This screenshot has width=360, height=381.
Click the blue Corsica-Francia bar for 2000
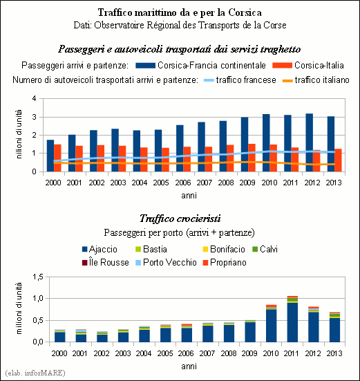point(50,156)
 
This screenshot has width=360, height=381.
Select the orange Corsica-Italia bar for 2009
point(252,158)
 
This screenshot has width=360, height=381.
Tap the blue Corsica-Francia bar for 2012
point(310,142)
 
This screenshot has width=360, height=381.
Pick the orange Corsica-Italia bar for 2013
point(338,160)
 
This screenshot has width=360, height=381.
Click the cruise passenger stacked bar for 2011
point(292,319)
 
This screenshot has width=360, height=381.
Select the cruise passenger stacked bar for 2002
point(102,337)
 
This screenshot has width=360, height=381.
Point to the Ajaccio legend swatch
point(85,250)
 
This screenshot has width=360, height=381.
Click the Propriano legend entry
point(225,263)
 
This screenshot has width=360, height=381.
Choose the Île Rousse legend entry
point(106,263)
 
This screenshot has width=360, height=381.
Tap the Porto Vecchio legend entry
point(166,263)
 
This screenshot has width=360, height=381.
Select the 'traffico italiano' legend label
point(322,80)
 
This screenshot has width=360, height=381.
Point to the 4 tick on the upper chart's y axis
point(35,98)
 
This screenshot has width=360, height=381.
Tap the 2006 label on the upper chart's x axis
point(183,183)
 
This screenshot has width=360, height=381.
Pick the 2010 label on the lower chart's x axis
point(270,353)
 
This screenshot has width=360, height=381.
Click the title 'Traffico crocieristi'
point(180,219)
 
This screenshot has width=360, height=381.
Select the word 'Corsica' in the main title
point(245,12)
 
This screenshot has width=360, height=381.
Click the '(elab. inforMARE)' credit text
point(35,373)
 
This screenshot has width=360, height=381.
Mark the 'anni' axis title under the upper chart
point(189,196)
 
